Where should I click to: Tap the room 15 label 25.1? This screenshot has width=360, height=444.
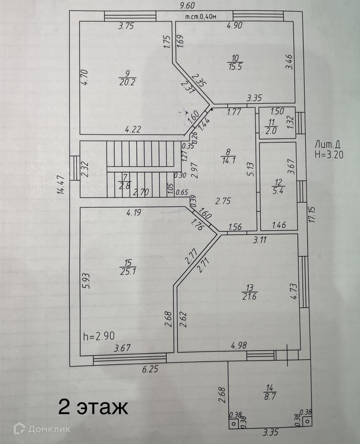point(127,271)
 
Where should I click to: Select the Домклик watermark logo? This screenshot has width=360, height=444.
point(42,429)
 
